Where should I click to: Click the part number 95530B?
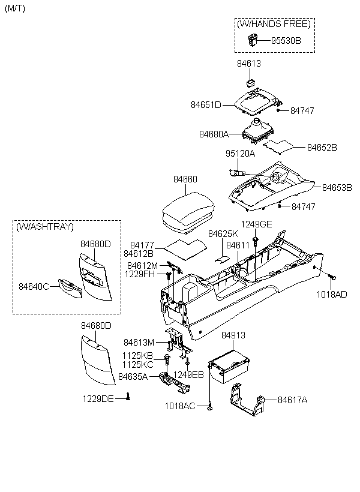pyautogui.click(x=286, y=40)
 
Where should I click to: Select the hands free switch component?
pyautogui.click(x=253, y=40)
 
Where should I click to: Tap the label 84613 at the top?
pyautogui.click(x=248, y=63)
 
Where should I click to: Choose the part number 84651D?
pyautogui.click(x=206, y=104)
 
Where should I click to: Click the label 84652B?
pyautogui.click(x=322, y=147)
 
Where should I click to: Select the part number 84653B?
pyautogui.click(x=337, y=187)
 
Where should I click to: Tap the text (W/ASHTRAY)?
pyautogui.click(x=45, y=227)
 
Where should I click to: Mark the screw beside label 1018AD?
pyautogui.click(x=334, y=277)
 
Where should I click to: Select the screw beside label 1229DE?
pyautogui.click(x=128, y=397)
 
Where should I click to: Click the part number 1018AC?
pyautogui.click(x=179, y=406)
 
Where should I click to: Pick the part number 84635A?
pyautogui.click(x=133, y=377)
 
